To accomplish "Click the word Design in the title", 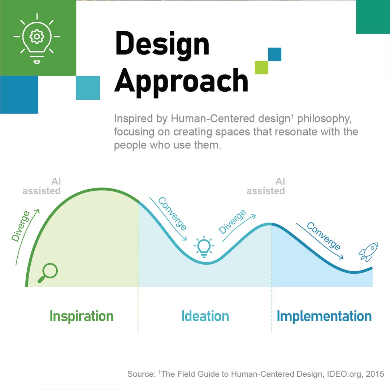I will tap(162, 44).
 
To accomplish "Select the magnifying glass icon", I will tap(48, 273).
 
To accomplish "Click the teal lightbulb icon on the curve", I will tap(204, 247).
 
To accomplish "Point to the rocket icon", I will tap(368, 252).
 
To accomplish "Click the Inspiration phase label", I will tap(81, 316).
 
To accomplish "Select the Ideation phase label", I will tap(205, 316).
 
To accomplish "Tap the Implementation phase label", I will tap(324, 316).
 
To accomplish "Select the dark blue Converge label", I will tap(323, 236).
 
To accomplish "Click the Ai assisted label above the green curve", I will tap(42, 186).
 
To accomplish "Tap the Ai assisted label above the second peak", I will tap(266, 186).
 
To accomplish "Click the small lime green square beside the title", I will tap(261, 68).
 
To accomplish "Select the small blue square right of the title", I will tap(274, 54).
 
